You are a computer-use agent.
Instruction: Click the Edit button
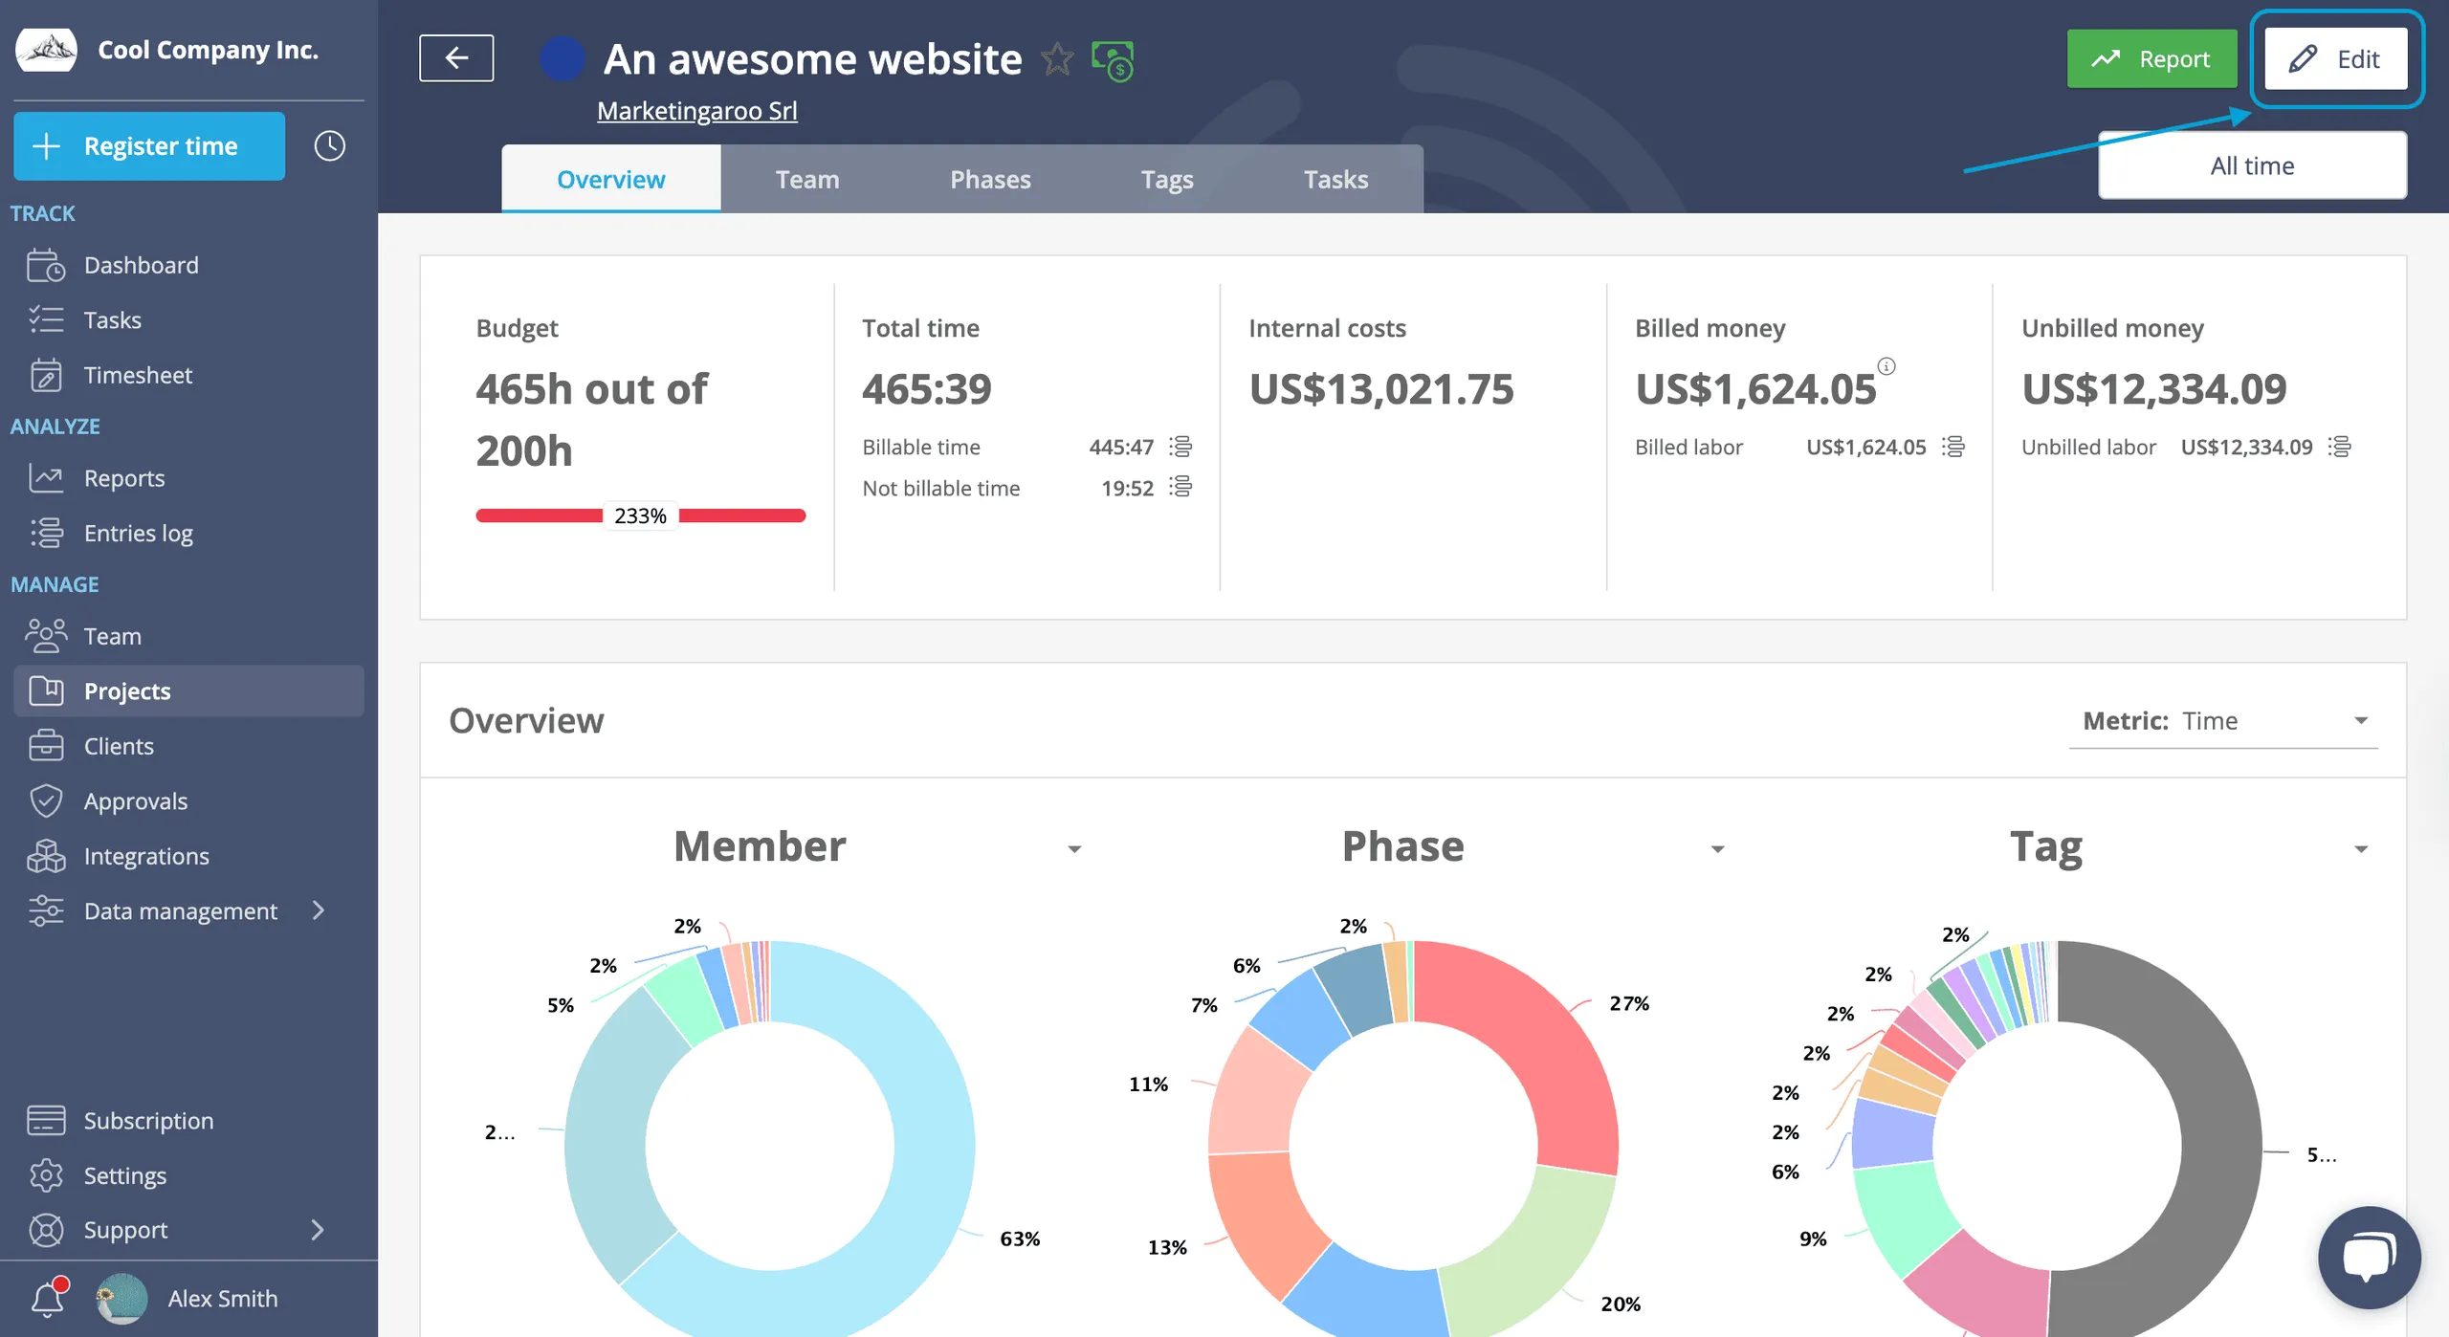(x=2335, y=59)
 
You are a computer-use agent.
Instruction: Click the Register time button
(x=149, y=146)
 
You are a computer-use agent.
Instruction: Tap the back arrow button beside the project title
(x=456, y=58)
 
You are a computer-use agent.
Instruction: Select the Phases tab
(x=990, y=179)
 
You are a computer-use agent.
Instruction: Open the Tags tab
(x=1167, y=179)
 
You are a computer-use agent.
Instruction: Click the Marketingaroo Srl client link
(x=697, y=111)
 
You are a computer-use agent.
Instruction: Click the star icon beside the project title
(x=1057, y=59)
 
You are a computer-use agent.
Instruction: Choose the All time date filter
(x=2252, y=165)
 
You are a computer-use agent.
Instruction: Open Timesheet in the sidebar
(x=138, y=375)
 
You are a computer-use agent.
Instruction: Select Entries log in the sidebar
(x=138, y=533)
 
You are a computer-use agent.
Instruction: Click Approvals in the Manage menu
(x=135, y=800)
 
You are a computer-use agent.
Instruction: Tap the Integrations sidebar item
(x=145, y=856)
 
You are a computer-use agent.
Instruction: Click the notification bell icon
(x=48, y=1298)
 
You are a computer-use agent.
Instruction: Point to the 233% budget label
(x=640, y=515)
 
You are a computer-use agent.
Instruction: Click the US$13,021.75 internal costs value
(x=1381, y=389)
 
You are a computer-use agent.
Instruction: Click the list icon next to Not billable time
(x=1181, y=488)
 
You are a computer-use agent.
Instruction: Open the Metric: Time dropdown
(x=2223, y=720)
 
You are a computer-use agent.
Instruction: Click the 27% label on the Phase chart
(x=1629, y=1003)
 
